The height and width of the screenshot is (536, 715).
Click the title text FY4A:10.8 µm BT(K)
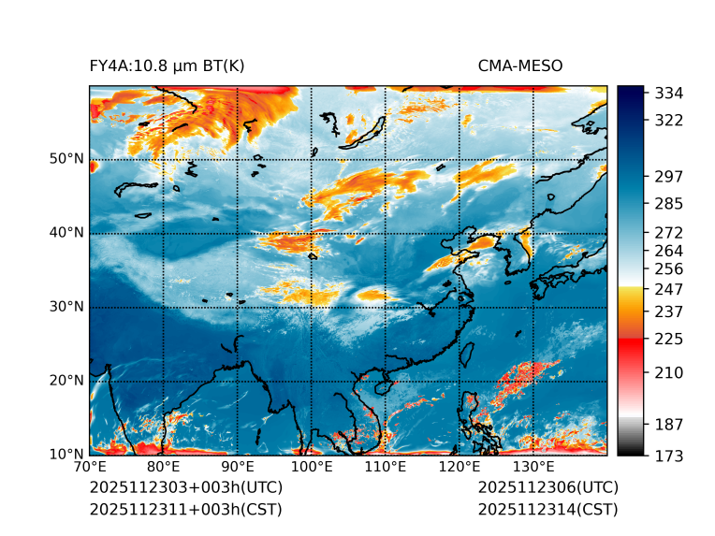pos(167,65)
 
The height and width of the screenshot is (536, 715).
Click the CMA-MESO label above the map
pos(519,65)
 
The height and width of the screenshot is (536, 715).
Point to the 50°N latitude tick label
pos(66,159)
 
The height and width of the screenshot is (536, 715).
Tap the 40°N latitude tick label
pos(66,233)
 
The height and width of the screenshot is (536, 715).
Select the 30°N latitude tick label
pos(66,307)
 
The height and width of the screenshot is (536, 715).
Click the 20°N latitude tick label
pos(66,381)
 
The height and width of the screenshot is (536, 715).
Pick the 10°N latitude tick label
pos(66,455)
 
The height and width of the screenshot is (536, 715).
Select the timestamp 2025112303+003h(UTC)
pos(185,488)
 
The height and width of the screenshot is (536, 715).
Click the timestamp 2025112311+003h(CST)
pos(185,510)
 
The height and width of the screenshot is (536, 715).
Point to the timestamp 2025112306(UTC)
pos(547,488)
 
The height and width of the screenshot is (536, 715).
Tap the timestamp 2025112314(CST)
pos(547,510)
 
